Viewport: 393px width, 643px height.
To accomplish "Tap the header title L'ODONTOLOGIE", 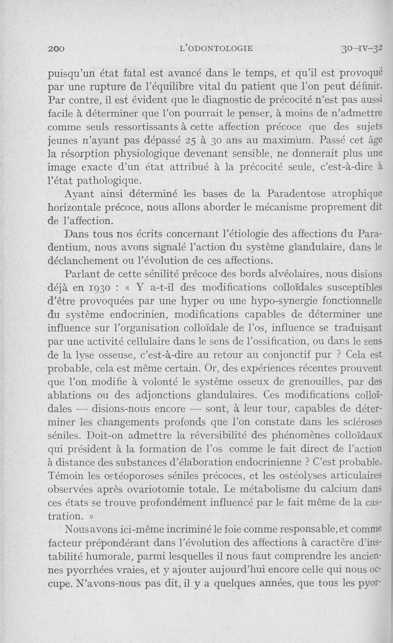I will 217,48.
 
